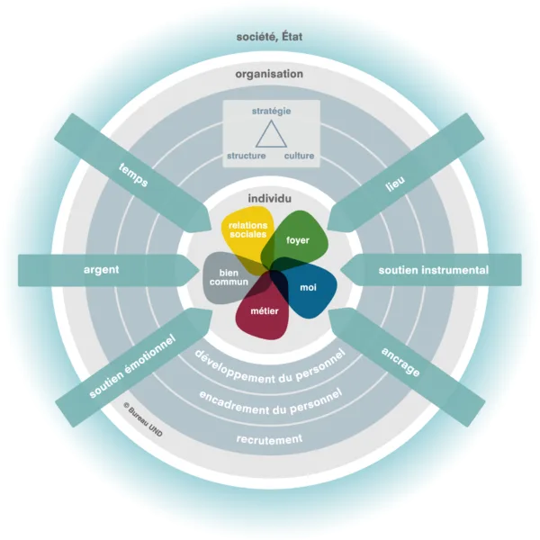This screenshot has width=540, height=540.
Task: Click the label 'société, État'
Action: pyautogui.click(x=269, y=37)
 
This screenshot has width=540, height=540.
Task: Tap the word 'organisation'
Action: pyautogui.click(x=269, y=74)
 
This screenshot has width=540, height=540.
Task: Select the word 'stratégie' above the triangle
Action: pyautogui.click(x=272, y=112)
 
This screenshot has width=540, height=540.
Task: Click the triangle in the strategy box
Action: pyautogui.click(x=271, y=133)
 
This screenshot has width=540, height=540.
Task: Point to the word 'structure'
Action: pyautogui.click(x=247, y=156)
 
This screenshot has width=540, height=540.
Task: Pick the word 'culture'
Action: pyautogui.click(x=300, y=156)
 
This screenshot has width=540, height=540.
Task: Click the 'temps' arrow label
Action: pyautogui.click(x=133, y=175)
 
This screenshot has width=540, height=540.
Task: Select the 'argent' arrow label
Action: pyautogui.click(x=101, y=270)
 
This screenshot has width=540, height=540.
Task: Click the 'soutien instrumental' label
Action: pyautogui.click(x=434, y=270)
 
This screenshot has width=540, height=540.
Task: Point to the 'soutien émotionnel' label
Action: pyautogui.click(x=132, y=366)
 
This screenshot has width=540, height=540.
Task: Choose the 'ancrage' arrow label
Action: pyautogui.click(x=400, y=362)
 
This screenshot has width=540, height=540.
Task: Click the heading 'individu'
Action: pyautogui.click(x=270, y=199)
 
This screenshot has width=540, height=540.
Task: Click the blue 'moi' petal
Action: pyautogui.click(x=308, y=289)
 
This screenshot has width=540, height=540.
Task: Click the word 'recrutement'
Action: pyautogui.click(x=269, y=439)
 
